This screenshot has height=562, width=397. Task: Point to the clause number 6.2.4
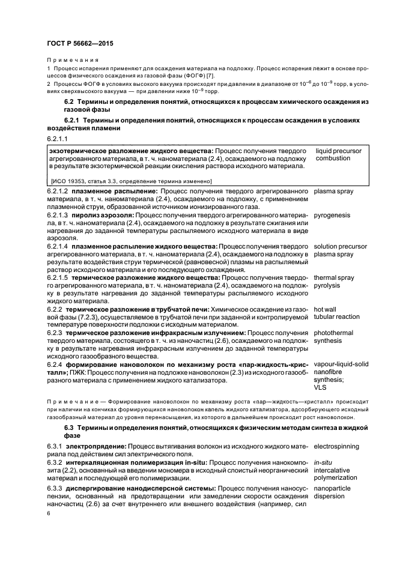tap(55, 364)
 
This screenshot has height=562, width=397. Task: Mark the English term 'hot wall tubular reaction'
tap(336, 313)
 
